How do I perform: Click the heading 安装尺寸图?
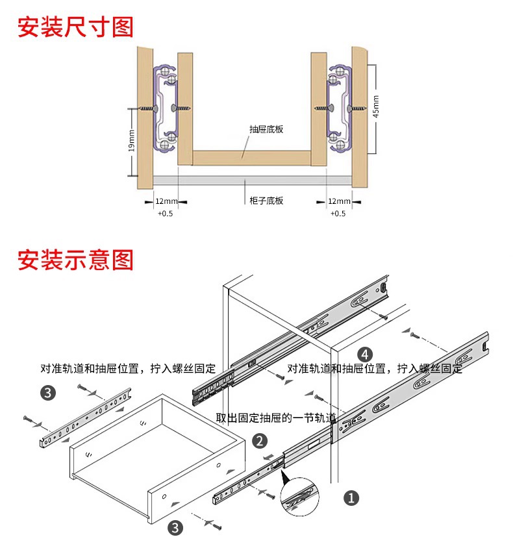click(75, 27)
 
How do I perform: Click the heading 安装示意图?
click(75, 260)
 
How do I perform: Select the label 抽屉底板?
click(266, 129)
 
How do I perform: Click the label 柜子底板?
click(266, 201)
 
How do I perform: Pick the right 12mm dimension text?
click(338, 201)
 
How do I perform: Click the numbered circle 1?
click(351, 498)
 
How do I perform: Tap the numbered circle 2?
click(260, 442)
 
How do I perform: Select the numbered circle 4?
click(366, 354)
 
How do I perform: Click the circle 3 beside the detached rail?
click(48, 392)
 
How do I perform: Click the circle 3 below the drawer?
click(175, 527)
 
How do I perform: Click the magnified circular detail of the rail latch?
click(300, 500)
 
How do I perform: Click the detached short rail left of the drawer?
click(84, 419)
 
